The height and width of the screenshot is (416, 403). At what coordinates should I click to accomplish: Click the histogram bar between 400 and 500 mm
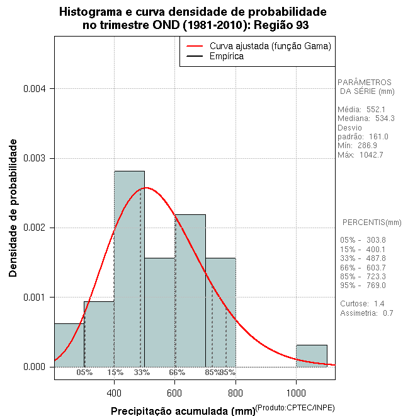(x=129, y=271)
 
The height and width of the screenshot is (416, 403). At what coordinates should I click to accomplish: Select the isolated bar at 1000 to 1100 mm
(x=312, y=355)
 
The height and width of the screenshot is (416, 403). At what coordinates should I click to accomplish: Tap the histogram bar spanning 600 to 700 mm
(x=190, y=290)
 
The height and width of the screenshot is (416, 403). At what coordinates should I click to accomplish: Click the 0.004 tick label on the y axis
(x=35, y=89)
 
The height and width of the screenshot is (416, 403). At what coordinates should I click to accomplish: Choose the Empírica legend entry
(x=227, y=57)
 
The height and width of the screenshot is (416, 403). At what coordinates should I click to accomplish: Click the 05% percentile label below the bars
(x=84, y=373)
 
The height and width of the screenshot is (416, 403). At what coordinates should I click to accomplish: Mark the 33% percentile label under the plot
(x=142, y=373)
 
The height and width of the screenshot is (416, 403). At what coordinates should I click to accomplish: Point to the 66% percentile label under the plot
(x=177, y=373)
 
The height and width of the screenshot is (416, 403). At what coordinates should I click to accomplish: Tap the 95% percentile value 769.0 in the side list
(x=375, y=286)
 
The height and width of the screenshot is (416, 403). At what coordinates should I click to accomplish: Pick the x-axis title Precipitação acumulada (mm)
(x=183, y=412)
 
